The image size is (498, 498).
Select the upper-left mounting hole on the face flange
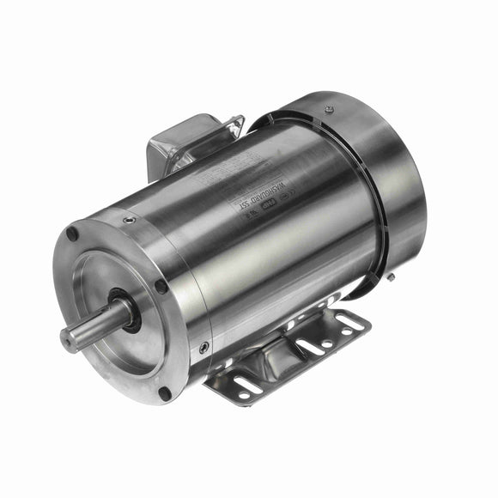click(73, 234)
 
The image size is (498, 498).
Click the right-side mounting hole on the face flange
click(161, 287)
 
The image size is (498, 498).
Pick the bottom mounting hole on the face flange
click(165, 393)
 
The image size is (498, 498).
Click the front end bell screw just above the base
click(203, 348)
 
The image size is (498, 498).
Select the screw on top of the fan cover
click(328, 109)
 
